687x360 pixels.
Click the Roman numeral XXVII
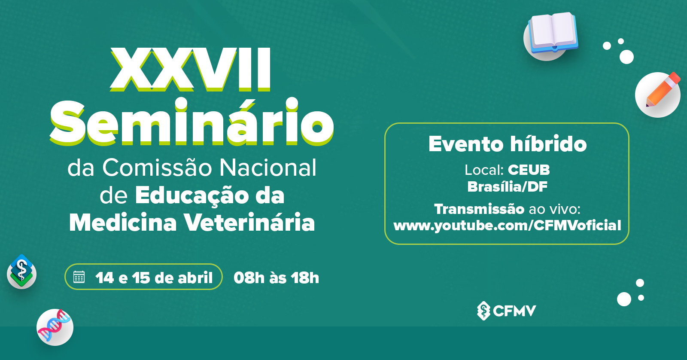click(x=191, y=69)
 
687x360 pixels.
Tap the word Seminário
click(x=192, y=121)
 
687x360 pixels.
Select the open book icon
click(x=553, y=32)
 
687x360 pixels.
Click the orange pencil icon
click(x=663, y=89)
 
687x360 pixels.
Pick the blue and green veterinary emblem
click(x=21, y=270)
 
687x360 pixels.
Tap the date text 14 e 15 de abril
click(x=154, y=278)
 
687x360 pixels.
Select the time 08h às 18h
click(x=277, y=278)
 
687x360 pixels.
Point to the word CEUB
click(x=529, y=170)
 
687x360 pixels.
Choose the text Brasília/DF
click(x=507, y=186)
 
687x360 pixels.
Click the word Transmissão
click(x=479, y=209)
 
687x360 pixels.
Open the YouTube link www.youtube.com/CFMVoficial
click(x=507, y=226)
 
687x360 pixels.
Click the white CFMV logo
click(x=506, y=311)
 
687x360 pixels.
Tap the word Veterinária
click(x=249, y=222)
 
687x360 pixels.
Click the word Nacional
click(x=268, y=168)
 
